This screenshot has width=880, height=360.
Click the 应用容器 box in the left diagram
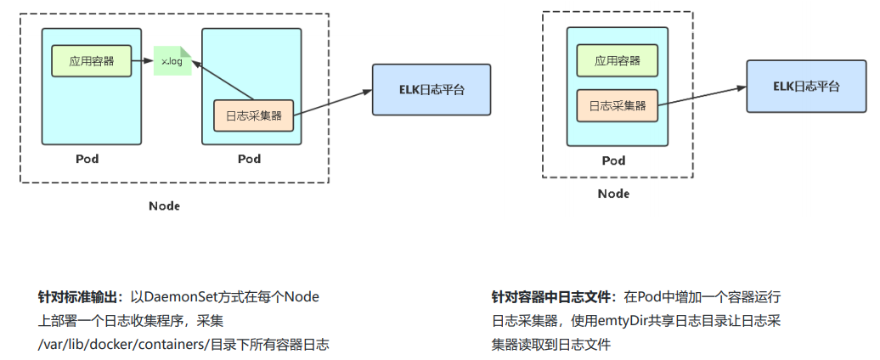(x=91, y=60)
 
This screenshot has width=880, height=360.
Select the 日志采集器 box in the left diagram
(x=252, y=115)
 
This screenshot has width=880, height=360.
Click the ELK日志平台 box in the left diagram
(x=419, y=89)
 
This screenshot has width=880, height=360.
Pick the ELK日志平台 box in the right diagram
(x=793, y=87)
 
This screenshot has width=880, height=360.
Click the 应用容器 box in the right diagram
(x=618, y=60)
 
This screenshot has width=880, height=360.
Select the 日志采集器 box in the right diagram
(x=618, y=105)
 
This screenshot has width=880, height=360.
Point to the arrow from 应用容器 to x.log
(x=143, y=61)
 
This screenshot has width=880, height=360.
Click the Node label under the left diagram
(x=165, y=206)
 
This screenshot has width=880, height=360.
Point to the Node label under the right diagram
(x=613, y=194)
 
